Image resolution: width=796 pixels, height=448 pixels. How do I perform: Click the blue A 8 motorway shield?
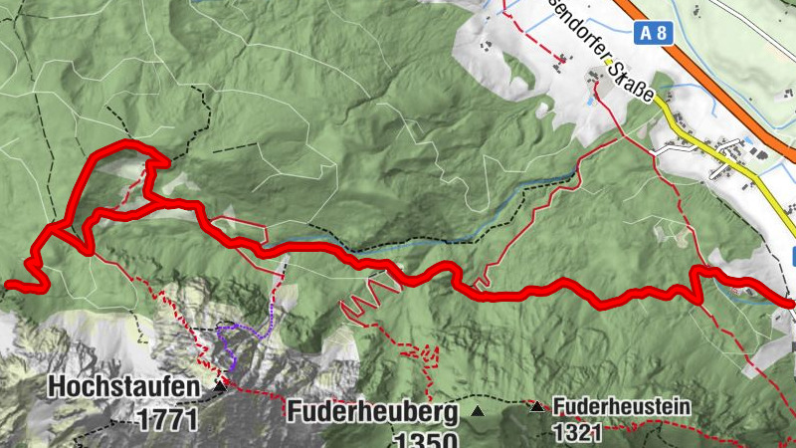pyautogui.click(x=655, y=33)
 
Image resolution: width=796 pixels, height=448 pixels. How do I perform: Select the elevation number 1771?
pyautogui.click(x=168, y=419)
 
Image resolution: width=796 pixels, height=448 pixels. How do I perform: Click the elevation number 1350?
pyautogui.click(x=425, y=440)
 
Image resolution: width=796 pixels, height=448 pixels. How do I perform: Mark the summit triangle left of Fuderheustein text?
pyautogui.click(x=537, y=406)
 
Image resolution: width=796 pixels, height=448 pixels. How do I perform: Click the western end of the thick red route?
pyautogui.click(x=8, y=287)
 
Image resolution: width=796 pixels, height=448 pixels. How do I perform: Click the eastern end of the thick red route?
pyautogui.click(x=791, y=302)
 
